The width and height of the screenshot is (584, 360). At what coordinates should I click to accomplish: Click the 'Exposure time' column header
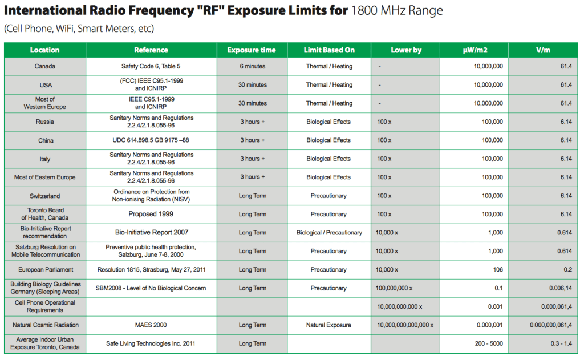(x=252, y=50)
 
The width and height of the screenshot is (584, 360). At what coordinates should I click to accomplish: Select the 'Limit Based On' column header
(x=329, y=50)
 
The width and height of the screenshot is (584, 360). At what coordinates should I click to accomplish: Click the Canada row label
(x=45, y=66)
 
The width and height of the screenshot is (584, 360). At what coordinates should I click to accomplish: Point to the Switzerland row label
(x=45, y=196)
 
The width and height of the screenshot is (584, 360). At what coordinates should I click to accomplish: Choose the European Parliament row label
(x=45, y=269)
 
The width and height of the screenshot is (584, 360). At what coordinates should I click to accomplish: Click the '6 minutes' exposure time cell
(x=252, y=66)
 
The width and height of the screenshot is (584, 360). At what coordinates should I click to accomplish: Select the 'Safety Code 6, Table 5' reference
(x=152, y=66)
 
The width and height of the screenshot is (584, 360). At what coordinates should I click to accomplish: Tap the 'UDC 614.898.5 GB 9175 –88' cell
(x=152, y=140)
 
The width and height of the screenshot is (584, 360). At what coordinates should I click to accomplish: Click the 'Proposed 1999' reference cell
(x=151, y=214)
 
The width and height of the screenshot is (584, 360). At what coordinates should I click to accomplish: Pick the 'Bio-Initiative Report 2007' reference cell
(x=152, y=232)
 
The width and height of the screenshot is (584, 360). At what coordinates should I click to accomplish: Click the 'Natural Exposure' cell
(x=328, y=325)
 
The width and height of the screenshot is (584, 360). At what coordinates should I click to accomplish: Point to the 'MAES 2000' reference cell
(x=151, y=325)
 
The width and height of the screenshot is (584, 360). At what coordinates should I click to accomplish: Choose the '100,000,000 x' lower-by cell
(x=394, y=288)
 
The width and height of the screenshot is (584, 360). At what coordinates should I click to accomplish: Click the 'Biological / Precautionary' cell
(x=329, y=233)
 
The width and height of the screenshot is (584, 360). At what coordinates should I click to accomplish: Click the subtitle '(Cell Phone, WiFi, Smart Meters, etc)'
(x=79, y=29)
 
